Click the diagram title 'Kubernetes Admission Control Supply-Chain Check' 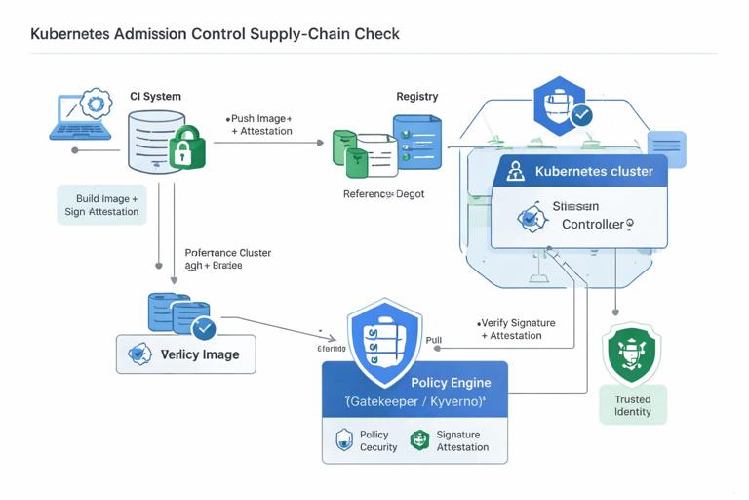pos(215,34)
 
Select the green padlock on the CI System pos(185,147)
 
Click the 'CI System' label pos(155,97)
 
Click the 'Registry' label pos(416,97)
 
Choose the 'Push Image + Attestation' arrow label pos(260,124)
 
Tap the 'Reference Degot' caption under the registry pos(383,194)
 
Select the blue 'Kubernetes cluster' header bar pos(579,172)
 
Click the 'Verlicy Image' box pos(186,354)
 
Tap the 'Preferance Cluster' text pos(228,253)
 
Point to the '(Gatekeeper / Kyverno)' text pos(416,401)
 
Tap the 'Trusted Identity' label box pos(632,405)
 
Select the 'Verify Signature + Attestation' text pos(517,329)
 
